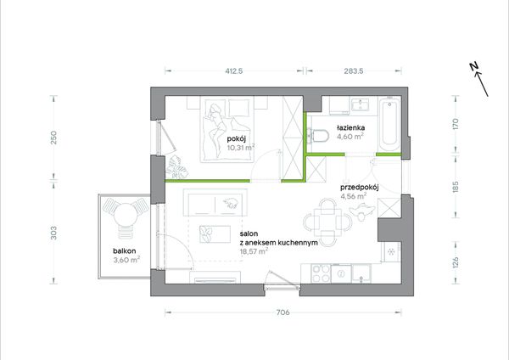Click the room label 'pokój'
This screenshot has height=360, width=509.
237,139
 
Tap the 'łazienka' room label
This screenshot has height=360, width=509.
351,127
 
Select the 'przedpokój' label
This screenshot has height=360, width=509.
360,188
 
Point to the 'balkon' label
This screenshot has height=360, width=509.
125,250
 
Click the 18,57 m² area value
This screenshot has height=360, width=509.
254,251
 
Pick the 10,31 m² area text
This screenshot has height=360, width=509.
241,148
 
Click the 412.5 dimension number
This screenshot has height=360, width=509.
234,70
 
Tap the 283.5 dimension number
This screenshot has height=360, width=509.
354,70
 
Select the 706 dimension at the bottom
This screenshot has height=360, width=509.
282,312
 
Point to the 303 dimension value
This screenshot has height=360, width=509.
53,233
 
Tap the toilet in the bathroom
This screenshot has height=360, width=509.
318,136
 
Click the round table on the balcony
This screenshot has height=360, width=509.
126,215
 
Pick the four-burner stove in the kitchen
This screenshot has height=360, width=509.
321,273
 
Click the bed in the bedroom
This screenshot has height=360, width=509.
227,130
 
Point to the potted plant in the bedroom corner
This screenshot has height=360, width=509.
177,166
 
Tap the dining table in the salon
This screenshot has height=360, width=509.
327,222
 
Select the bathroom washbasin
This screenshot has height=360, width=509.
361,105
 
